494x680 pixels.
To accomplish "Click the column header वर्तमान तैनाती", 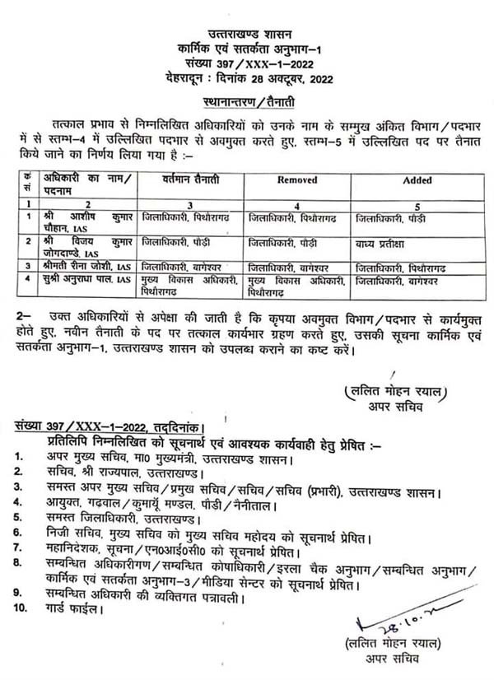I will tap(182, 178).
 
